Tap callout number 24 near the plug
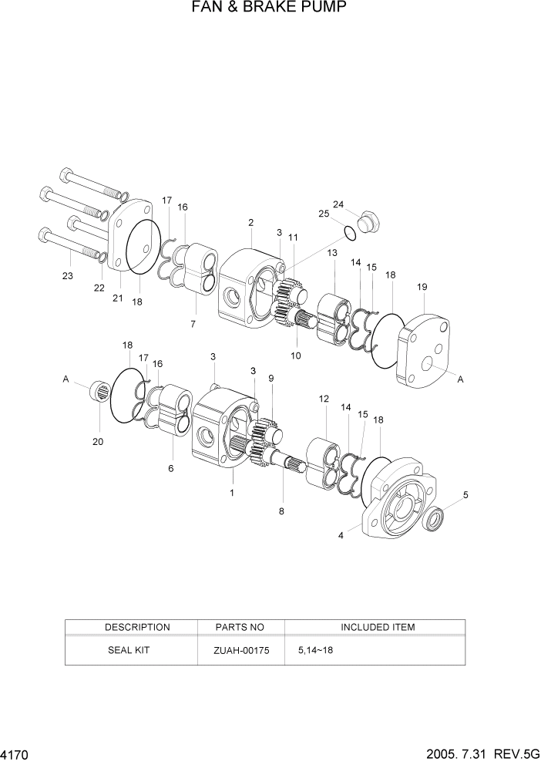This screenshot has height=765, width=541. coord(338,204)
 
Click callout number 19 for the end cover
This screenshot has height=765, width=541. coord(422,287)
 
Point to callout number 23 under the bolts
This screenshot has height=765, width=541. coord(67,275)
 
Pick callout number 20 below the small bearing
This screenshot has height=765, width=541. coord(98,442)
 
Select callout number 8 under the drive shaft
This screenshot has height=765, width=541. coord(281,511)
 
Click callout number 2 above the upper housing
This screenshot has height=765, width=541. coord(251,223)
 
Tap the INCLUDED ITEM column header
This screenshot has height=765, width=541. coord(378,627)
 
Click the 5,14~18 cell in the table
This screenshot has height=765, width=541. coord(315,650)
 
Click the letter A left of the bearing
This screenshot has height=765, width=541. coord(66,379)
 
